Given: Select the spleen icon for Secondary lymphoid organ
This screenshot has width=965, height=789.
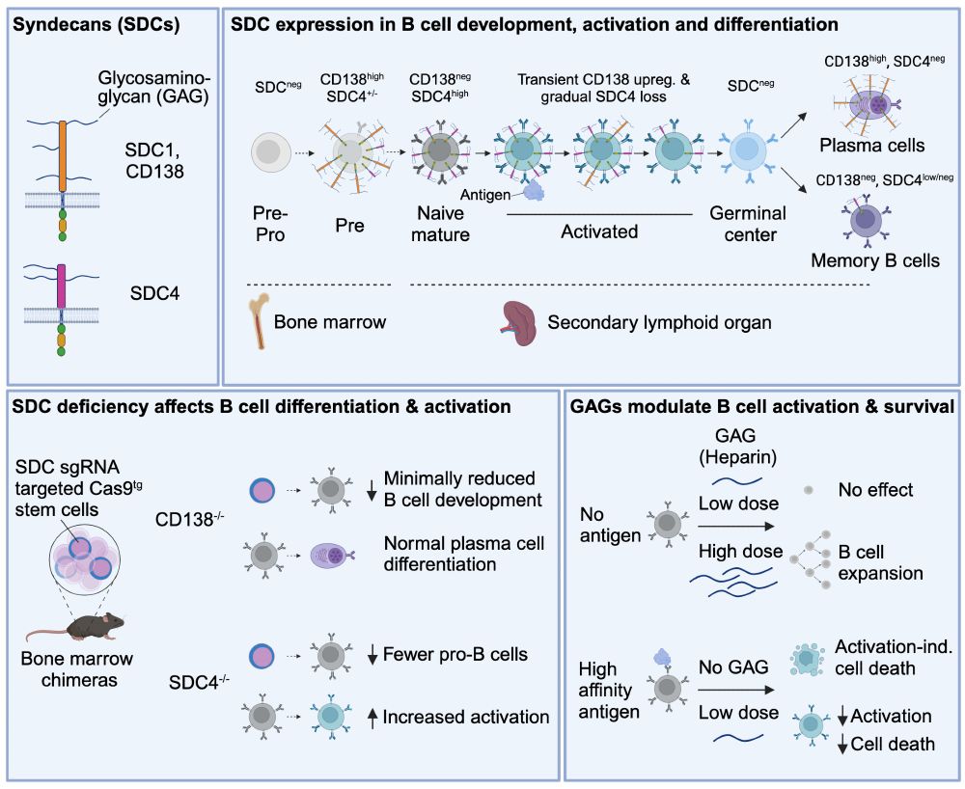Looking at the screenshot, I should pyautogui.click(x=519, y=322).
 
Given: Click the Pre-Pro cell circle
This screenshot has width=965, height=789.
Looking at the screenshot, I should pyautogui.click(x=268, y=151).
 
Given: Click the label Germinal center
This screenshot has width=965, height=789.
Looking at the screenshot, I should pyautogui.click(x=748, y=224).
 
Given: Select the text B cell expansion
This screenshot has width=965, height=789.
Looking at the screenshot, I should pyautogui.click(x=878, y=562).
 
